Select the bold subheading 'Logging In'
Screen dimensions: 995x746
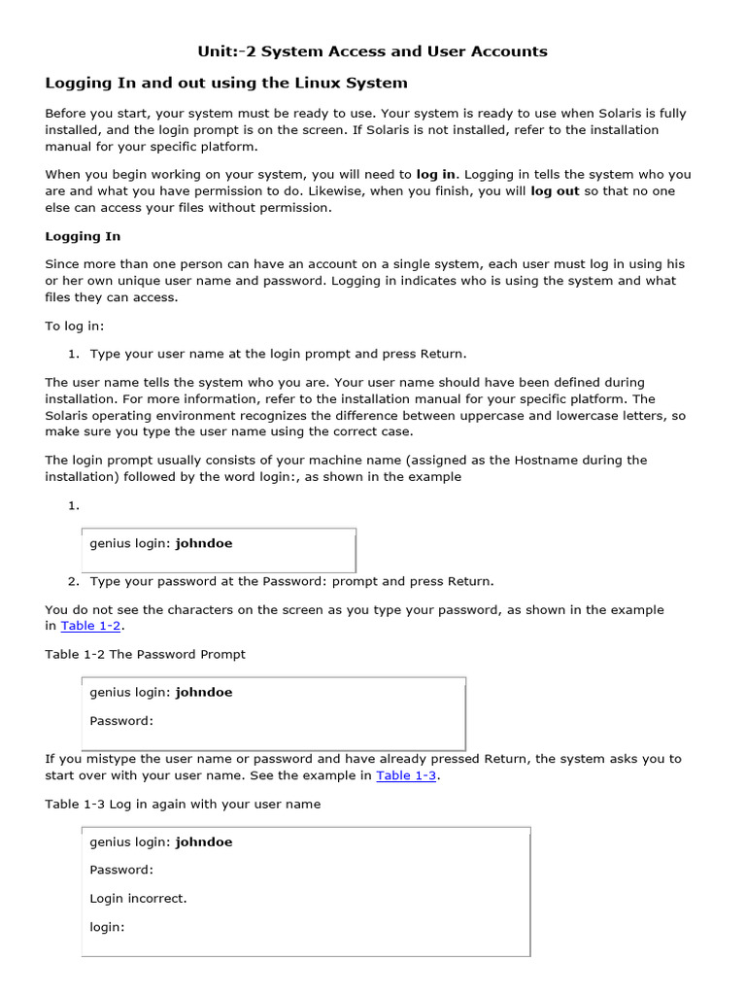[83, 236]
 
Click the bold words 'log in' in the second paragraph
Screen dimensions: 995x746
[435, 174]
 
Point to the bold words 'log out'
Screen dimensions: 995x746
[555, 191]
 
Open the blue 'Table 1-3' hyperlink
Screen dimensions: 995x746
[406, 775]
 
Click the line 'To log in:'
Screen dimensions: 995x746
[74, 326]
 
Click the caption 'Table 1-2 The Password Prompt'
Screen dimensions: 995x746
[145, 654]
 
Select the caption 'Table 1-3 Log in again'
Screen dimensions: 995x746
[183, 804]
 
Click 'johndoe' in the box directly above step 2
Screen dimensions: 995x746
[204, 543]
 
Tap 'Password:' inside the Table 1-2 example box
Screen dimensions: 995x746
[121, 721]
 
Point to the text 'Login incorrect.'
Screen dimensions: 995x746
[138, 899]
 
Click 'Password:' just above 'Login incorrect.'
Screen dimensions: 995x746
[121, 870]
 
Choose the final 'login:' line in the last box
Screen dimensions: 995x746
[108, 927]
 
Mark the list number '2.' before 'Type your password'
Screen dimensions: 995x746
[73, 581]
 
